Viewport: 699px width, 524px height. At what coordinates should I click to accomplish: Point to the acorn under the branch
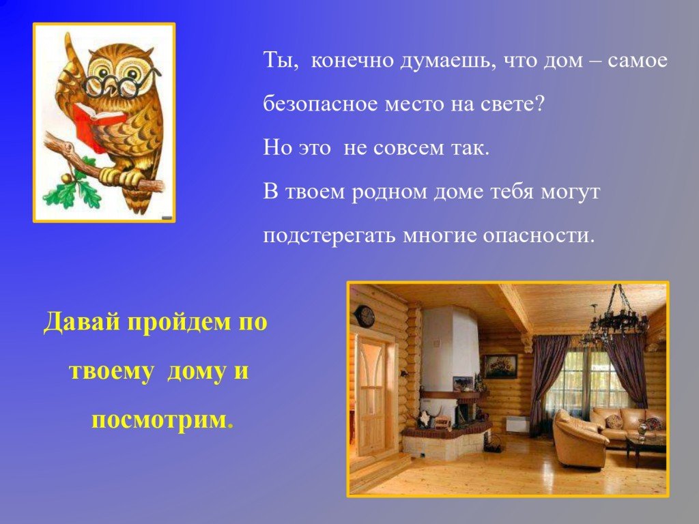pyautogui.click(x=68, y=178)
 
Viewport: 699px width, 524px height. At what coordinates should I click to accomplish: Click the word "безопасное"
pyautogui.click(x=319, y=104)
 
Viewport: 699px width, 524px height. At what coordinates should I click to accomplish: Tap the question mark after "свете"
pyautogui.click(x=539, y=104)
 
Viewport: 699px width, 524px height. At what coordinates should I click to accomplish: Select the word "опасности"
pyautogui.click(x=539, y=235)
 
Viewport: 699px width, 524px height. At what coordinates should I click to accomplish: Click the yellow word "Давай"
pyautogui.click(x=82, y=322)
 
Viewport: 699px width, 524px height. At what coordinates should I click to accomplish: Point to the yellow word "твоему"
pyautogui.click(x=111, y=371)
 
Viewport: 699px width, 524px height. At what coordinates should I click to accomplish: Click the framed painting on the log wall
pyautogui.click(x=500, y=366)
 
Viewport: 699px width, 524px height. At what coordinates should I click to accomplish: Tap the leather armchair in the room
pyautogui.click(x=580, y=439)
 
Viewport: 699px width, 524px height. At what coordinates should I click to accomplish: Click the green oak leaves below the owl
pyautogui.click(x=78, y=190)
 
